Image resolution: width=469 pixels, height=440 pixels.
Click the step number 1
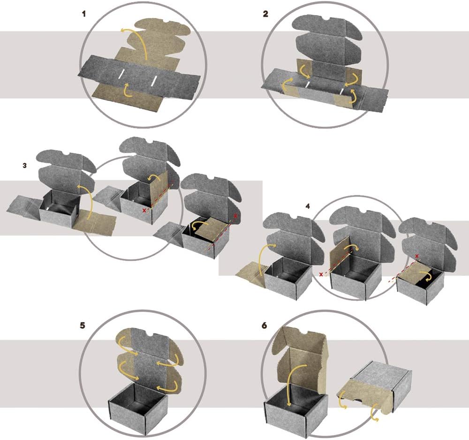pos(84,14)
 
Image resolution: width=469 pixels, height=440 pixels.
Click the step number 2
pos(265,14)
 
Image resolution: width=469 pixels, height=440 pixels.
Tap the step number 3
pos(24,165)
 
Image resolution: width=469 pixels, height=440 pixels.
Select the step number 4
pos(308,206)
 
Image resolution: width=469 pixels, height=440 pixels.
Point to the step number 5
pos(83,325)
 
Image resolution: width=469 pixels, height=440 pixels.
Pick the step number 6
pos(264,325)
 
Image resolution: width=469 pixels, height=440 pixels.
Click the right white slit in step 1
pos(154,81)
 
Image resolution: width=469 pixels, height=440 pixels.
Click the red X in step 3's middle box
pos(144,211)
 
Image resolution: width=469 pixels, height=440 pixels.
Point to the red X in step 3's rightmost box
pos(235,215)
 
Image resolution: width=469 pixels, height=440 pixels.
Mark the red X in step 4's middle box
pos(321,274)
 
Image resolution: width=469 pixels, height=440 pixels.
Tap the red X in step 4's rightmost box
pos(416,256)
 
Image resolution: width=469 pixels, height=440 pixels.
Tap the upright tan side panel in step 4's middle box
pos(339,256)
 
